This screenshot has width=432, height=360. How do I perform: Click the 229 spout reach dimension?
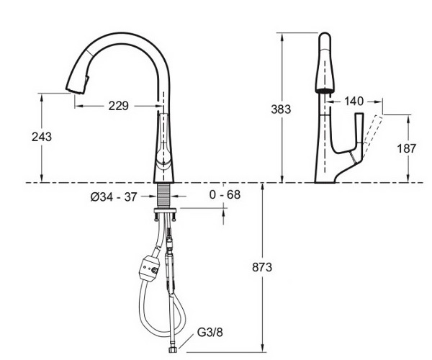119,106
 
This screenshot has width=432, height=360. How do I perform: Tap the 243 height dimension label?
42,137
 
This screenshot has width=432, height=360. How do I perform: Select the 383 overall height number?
281,109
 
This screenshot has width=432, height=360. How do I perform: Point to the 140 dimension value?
354,102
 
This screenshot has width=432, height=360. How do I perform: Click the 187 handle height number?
406,149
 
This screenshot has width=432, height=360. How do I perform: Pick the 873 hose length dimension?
262,267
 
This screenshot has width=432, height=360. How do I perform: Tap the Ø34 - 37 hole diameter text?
114,197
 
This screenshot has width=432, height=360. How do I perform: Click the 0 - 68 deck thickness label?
225,194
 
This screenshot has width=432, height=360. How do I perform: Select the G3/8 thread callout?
210,333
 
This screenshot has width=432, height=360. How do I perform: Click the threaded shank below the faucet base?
163,196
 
